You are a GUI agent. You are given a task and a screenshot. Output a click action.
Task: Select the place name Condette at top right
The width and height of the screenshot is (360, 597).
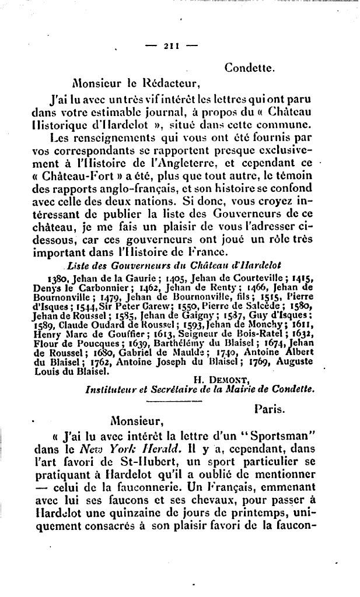click(249, 68)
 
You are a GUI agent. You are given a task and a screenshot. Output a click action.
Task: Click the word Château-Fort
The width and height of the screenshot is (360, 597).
click(73, 176)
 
